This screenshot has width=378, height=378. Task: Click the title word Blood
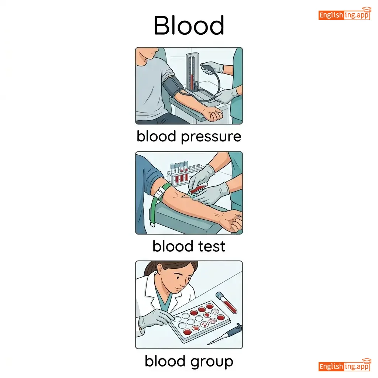[x=189, y=25]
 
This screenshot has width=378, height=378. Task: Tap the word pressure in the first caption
[x=211, y=137]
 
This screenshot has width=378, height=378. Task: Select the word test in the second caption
[x=212, y=246]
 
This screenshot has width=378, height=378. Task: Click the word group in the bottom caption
[x=212, y=362]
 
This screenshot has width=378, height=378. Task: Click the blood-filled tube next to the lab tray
[x=226, y=303]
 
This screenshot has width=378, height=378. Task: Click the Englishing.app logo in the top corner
[x=344, y=14]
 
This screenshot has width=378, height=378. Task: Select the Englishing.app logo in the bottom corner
[x=344, y=365]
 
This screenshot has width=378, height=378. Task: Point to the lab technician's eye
[x=178, y=278]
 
